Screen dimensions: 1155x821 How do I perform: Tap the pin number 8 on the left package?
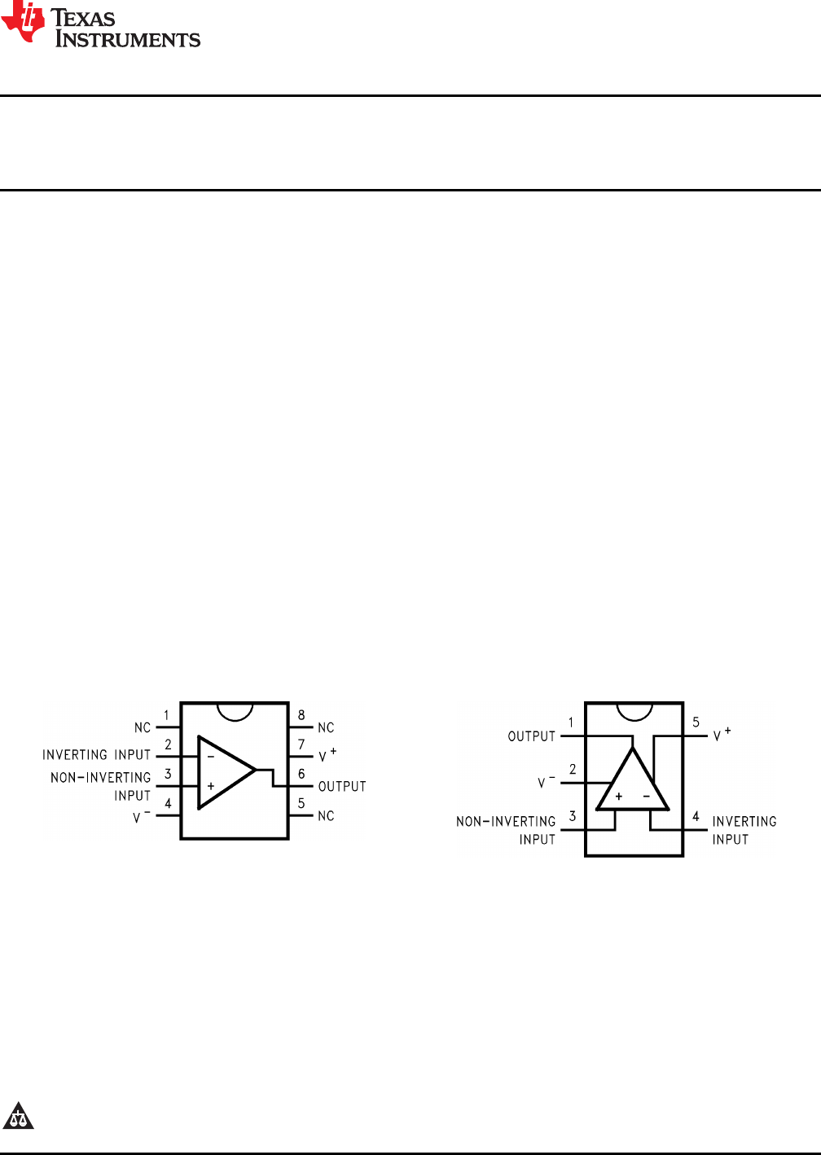coord(301,715)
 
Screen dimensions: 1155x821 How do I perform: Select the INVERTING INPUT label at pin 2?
coord(96,755)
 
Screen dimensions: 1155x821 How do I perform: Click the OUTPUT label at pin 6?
coord(342,786)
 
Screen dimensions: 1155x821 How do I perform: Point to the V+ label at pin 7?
coord(327,755)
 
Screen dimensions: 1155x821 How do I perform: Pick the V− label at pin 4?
coord(141,816)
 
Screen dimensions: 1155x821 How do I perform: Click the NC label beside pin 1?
coord(143,727)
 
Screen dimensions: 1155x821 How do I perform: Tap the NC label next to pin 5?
coord(326,815)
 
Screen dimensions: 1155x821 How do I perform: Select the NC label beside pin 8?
coord(326,727)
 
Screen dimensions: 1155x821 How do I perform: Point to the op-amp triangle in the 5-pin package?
coord(633,784)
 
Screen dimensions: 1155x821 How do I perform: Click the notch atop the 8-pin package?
coord(235,711)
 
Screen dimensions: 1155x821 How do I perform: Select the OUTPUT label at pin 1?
coord(531,736)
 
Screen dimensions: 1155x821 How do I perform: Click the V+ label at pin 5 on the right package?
coord(722,735)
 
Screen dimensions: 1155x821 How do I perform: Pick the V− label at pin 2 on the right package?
coord(546,782)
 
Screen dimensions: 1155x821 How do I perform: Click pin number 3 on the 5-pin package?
coord(573,816)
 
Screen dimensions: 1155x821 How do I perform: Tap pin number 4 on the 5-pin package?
coord(696,816)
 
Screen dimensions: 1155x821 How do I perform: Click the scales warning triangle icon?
coord(18,1116)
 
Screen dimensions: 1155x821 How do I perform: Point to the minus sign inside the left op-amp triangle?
coord(210,757)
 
